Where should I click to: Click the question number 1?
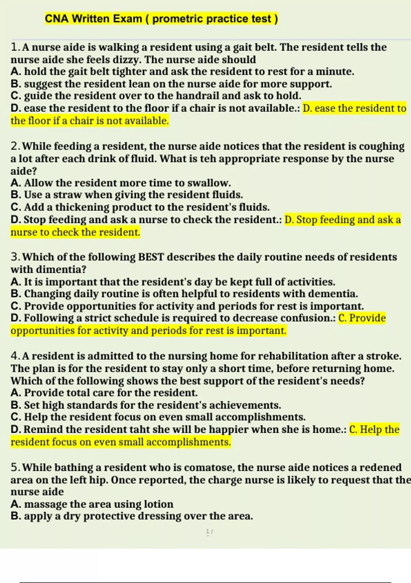point(14,47)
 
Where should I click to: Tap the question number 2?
point(15,146)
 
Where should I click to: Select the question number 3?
point(15,257)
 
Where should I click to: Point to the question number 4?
point(15,356)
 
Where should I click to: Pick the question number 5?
point(15,467)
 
